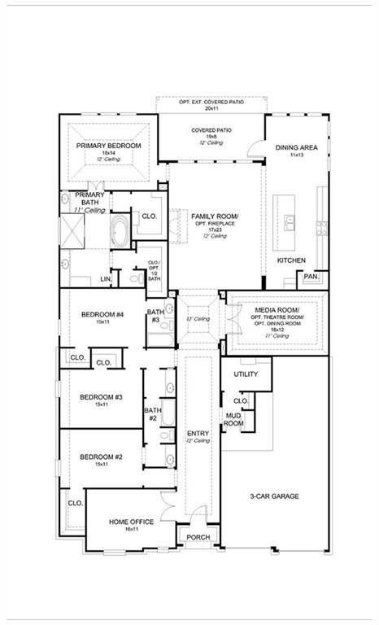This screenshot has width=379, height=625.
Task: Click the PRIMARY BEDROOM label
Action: [x=109, y=146]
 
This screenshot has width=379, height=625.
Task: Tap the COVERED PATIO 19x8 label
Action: [x=211, y=130]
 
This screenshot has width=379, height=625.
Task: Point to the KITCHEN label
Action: [x=291, y=260]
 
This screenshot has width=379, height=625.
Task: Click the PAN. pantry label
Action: [x=311, y=277]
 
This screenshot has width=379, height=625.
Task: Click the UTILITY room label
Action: [x=246, y=374]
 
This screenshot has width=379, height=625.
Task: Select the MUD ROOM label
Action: [x=233, y=419]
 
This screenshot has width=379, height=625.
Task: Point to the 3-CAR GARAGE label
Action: [x=274, y=496]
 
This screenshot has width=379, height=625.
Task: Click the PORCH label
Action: [x=198, y=537]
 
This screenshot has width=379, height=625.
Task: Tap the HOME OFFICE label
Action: [x=131, y=522]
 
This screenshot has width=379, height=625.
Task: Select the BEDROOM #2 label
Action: [x=101, y=457]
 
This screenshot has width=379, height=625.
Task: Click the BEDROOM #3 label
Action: [x=101, y=397]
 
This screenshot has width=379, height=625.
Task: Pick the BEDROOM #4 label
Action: [x=102, y=315]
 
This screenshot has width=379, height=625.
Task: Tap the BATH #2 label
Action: [x=152, y=413]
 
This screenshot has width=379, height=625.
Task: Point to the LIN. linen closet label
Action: [x=106, y=278]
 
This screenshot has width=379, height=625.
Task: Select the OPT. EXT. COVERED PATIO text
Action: [x=211, y=102]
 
